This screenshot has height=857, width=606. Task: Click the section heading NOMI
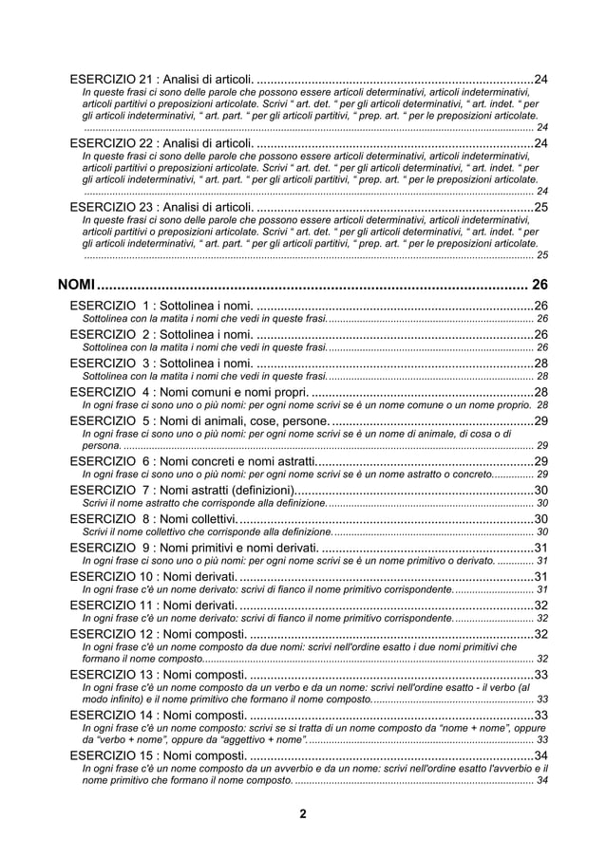(78, 284)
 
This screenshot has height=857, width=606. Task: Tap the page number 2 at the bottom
(302, 813)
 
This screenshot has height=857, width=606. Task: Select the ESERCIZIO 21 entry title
(162, 78)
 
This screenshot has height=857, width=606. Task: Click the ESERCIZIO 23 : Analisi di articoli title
(162, 207)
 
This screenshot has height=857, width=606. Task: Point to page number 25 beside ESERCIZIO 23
(541, 207)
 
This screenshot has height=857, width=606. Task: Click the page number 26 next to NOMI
(540, 284)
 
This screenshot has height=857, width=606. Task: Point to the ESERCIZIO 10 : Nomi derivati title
(154, 576)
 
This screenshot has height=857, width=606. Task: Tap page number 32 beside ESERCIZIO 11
(541, 605)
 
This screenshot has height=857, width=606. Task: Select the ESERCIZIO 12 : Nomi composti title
(160, 634)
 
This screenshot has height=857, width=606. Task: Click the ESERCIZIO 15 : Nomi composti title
(160, 755)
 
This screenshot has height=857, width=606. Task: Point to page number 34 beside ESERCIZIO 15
(541, 755)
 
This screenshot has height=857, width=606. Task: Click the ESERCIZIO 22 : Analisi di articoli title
(162, 142)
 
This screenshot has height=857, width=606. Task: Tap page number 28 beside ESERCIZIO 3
(541, 363)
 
